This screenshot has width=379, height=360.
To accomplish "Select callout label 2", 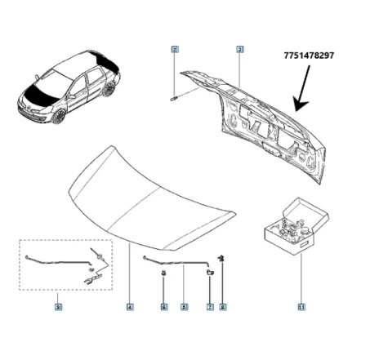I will (175, 50).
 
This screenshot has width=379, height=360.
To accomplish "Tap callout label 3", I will (240, 50).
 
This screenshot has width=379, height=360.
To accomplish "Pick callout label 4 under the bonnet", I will (130, 307).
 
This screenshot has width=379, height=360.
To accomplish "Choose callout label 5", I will (184, 307).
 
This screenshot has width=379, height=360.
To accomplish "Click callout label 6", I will (163, 307).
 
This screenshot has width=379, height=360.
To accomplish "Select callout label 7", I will (210, 307).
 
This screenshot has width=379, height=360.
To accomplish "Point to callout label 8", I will (223, 307).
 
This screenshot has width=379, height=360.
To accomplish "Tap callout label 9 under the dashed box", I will (57, 307).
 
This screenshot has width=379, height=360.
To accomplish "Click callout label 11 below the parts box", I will (301, 307).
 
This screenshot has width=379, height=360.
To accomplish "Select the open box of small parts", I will (292, 225).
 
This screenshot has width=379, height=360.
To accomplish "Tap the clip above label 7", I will (210, 272).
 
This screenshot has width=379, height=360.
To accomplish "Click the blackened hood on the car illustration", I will (40, 91).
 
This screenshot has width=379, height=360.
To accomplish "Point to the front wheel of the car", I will (60, 116).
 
